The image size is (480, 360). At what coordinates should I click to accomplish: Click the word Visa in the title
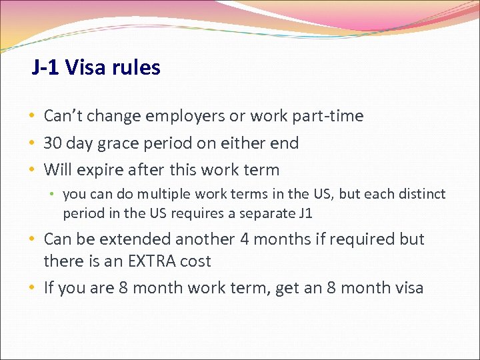coord(88,67)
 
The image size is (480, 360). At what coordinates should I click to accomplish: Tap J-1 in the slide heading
coord(46,67)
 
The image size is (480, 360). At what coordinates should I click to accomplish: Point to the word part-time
coord(327,116)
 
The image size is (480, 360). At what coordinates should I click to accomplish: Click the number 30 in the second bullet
coord(53,143)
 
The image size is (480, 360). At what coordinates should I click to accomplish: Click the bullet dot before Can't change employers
coord(32,116)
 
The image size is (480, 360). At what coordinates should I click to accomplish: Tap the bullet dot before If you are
coord(32,288)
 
